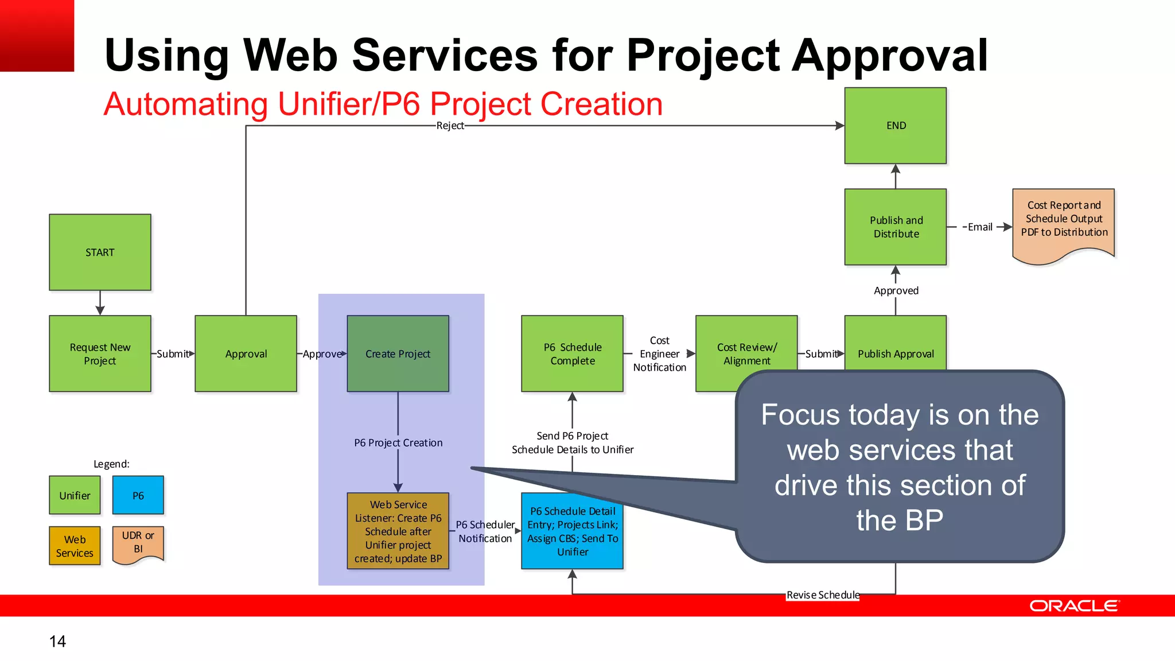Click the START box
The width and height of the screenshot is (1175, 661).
tap(100, 252)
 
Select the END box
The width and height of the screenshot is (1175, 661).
tap(895, 126)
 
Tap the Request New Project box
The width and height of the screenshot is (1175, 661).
tap(100, 353)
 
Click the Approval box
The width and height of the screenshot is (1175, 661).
tap(246, 353)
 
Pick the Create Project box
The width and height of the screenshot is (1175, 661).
tap(398, 353)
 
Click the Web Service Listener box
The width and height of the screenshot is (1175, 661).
tap(398, 531)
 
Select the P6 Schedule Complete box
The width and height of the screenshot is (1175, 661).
tap(572, 353)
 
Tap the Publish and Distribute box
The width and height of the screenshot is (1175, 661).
tap(895, 227)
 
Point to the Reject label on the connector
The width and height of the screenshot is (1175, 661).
tap(450, 126)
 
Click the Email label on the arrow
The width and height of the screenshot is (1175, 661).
tap(979, 227)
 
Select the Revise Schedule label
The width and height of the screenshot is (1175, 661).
tap(823, 595)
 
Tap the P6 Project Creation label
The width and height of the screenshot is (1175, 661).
tap(398, 443)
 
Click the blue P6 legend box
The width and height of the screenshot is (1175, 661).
tap(138, 495)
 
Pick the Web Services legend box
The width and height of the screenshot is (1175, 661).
tap(75, 546)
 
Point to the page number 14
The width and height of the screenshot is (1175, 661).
tap(57, 641)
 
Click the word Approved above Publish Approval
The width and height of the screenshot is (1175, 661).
tap(896, 291)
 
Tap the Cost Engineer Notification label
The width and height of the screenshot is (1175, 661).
tap(659, 354)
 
